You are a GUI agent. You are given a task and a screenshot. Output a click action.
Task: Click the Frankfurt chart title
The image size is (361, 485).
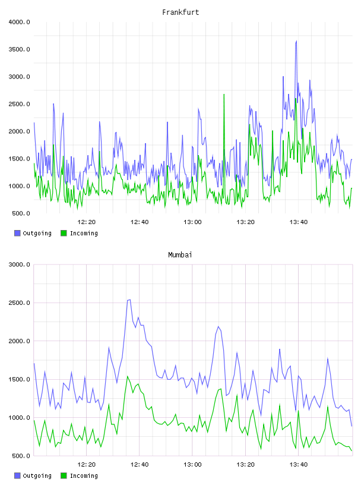click(180, 12)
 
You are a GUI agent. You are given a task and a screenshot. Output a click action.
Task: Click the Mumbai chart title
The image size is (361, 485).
click(180, 255)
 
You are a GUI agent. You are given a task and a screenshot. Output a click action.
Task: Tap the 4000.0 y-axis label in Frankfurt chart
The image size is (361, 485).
click(19, 22)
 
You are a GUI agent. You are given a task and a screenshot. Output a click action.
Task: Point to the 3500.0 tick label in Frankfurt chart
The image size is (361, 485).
click(19, 49)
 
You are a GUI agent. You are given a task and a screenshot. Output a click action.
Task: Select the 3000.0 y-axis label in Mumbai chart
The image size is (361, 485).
click(19, 264)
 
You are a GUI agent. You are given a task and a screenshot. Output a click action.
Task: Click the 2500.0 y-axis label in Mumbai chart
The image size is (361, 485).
click(19, 303)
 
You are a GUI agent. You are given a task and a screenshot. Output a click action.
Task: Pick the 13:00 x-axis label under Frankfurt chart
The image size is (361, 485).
click(192, 222)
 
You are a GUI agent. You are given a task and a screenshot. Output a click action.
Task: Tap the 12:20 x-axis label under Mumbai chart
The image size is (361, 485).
click(87, 465)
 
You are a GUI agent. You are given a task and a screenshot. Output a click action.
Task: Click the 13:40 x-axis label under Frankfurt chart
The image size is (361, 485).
click(299, 222)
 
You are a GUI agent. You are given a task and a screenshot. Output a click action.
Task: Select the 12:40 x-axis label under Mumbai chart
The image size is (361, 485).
click(140, 465)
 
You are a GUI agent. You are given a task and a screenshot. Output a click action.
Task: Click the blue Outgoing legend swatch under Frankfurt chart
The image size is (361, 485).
click(17, 233)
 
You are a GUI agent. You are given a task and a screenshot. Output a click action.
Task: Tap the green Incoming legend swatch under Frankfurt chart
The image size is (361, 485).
click(64, 233)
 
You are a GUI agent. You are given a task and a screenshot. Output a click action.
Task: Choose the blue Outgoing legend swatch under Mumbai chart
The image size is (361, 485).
click(17, 475)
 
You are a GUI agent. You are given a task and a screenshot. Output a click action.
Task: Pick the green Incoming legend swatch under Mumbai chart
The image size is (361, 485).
click(64, 475)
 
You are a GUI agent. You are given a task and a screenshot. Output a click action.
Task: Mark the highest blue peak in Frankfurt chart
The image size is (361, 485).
click(296, 41)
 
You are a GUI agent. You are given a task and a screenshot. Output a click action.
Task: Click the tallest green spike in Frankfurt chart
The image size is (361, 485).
click(224, 95)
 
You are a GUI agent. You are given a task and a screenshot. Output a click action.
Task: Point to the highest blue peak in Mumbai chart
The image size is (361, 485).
click(129, 300)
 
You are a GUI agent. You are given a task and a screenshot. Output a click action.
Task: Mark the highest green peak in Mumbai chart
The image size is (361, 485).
click(127, 376)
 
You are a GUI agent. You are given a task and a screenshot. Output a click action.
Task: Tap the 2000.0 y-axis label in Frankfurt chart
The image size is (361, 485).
click(19, 131)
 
